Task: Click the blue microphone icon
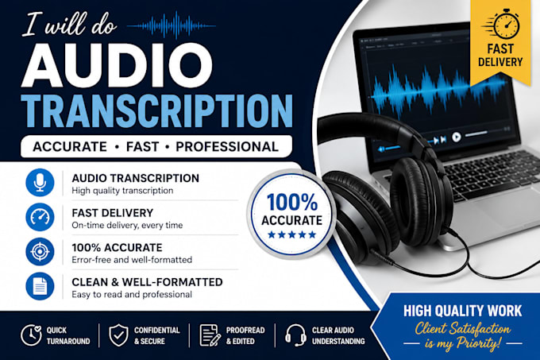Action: point(40,183)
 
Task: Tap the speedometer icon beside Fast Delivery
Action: point(40,217)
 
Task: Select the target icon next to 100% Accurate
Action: point(40,251)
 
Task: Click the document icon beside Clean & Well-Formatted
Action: point(40,286)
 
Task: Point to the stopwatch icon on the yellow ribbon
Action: point(504,25)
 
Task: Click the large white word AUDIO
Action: point(117,65)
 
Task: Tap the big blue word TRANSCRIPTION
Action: point(156,111)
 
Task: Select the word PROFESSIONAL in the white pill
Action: point(227,147)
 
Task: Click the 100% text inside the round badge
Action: point(292,202)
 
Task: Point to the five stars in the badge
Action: point(292,235)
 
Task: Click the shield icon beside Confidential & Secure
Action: point(119,335)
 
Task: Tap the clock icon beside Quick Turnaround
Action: point(31,335)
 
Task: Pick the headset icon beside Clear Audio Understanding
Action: point(295,335)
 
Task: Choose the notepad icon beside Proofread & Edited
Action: point(210,335)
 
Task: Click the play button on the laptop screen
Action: point(457,137)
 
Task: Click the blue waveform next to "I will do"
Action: point(172,25)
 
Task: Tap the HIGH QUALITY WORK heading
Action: point(462,311)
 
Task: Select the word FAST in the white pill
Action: point(143,147)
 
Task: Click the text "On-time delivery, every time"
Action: point(127,226)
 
